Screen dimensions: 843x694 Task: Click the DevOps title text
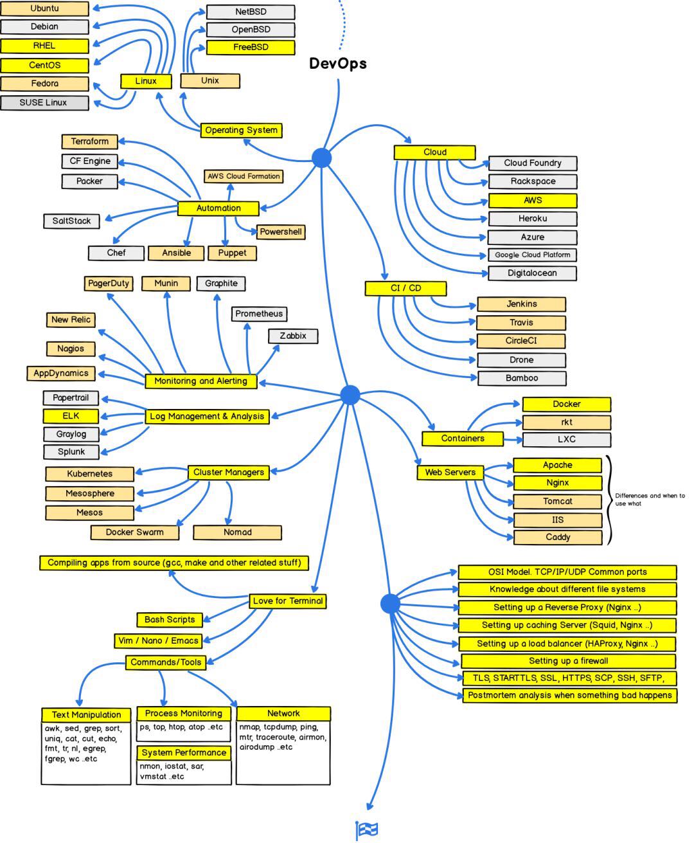click(x=338, y=64)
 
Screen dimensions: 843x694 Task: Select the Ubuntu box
click(x=44, y=9)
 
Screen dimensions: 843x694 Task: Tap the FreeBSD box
click(x=251, y=48)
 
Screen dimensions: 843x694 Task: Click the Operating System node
click(x=241, y=131)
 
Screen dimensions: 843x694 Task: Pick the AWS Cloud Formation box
click(x=244, y=176)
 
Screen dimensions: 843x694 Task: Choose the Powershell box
click(x=280, y=232)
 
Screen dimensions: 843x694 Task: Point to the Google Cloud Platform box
click(x=532, y=255)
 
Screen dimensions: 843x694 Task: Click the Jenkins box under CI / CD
click(x=521, y=304)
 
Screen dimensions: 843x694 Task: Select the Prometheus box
click(x=258, y=314)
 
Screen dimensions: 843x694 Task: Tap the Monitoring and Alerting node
click(x=200, y=381)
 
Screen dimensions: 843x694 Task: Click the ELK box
click(x=71, y=416)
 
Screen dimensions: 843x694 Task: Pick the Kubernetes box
click(x=89, y=474)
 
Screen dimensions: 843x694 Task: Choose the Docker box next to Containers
click(x=566, y=404)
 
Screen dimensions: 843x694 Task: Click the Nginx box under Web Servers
click(x=557, y=483)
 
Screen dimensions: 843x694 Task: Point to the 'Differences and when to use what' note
click(x=650, y=500)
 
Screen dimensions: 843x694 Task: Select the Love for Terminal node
click(x=287, y=601)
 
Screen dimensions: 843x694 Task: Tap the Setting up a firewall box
click(x=568, y=661)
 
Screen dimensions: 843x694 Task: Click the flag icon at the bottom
click(x=367, y=830)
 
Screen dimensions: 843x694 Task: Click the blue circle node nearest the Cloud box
click(x=321, y=158)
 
